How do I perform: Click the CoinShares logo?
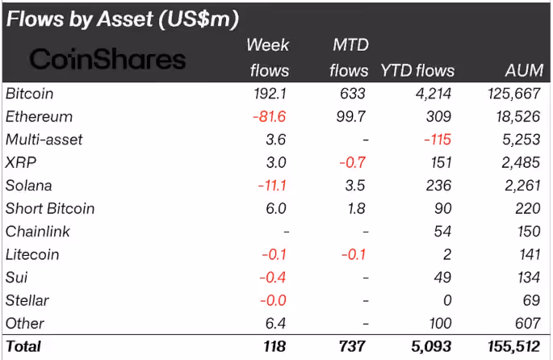coord(107,59)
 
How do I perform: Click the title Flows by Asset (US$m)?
coord(123,19)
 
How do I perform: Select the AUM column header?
coord(524,70)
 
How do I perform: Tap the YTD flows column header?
coord(417,70)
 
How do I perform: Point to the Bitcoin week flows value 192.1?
coord(270,94)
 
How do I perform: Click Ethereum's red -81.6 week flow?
coord(269,116)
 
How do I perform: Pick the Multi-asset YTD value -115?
coord(438,140)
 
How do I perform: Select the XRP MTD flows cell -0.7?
coord(352,162)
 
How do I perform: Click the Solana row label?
coord(28,186)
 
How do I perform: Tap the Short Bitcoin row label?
coord(50,208)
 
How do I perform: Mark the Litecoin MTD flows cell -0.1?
coord(354,254)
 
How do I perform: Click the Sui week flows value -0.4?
coord(272,278)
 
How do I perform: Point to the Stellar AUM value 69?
coord(531,300)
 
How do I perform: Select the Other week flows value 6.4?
coord(275,324)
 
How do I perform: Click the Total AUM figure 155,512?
coord(514,346)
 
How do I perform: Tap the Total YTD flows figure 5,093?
coord(431,346)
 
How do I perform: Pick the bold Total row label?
coord(23,346)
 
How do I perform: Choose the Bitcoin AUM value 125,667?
coord(514,94)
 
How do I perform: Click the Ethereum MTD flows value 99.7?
coord(351,116)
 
